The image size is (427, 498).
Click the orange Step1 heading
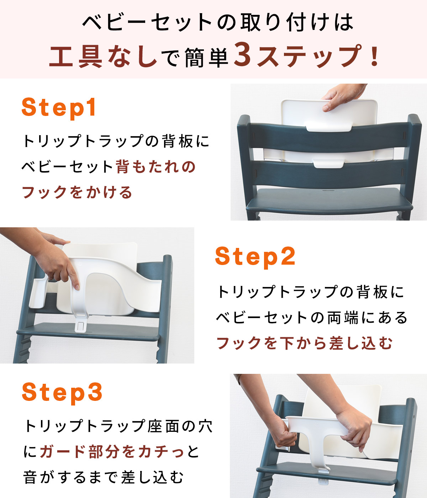pyautogui.click(x=59, y=107)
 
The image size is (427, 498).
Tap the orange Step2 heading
pyautogui.click(x=255, y=256)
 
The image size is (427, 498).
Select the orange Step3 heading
pyautogui.click(x=62, y=392)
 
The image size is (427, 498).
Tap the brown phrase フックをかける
pyautogui.click(x=77, y=192)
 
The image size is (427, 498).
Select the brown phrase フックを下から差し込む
pyautogui.click(x=305, y=343)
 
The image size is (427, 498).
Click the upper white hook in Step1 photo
pyautogui.click(x=329, y=125)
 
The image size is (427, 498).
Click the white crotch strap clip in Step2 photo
pyautogui.click(x=81, y=325)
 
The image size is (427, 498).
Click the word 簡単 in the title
pyautogui.click(x=206, y=58)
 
